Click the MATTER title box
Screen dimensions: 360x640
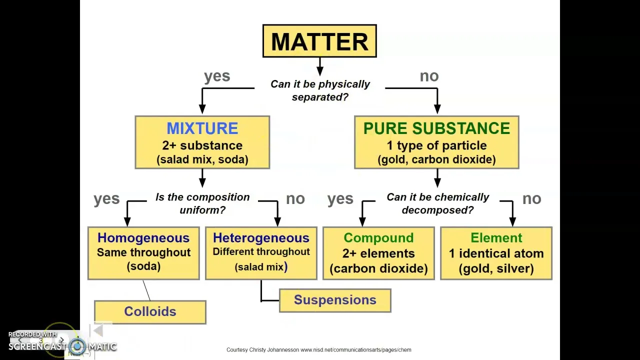(x=319, y=41)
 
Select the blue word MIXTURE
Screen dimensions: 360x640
(x=202, y=128)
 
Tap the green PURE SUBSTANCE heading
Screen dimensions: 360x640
(x=436, y=128)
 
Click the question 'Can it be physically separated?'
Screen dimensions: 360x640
(x=320, y=90)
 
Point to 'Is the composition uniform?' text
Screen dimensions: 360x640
(x=202, y=203)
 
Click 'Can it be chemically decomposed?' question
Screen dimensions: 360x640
(x=437, y=203)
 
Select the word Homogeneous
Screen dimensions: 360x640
(x=143, y=238)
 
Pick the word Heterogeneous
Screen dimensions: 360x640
(x=261, y=238)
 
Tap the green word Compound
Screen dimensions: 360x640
(x=378, y=238)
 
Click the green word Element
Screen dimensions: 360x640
(x=496, y=238)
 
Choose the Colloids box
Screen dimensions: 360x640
(x=150, y=312)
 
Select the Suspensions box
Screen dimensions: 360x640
(x=335, y=300)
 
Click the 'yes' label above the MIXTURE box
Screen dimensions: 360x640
(x=217, y=76)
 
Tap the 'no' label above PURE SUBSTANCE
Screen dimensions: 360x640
(x=429, y=76)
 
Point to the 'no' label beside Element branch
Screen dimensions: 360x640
(x=531, y=199)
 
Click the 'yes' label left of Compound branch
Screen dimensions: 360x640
(x=340, y=199)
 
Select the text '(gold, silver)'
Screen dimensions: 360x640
(x=496, y=268)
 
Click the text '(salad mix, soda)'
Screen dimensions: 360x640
(x=202, y=159)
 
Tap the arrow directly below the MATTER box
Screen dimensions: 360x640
(x=319, y=66)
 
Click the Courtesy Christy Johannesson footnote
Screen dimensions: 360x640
(x=318, y=350)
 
